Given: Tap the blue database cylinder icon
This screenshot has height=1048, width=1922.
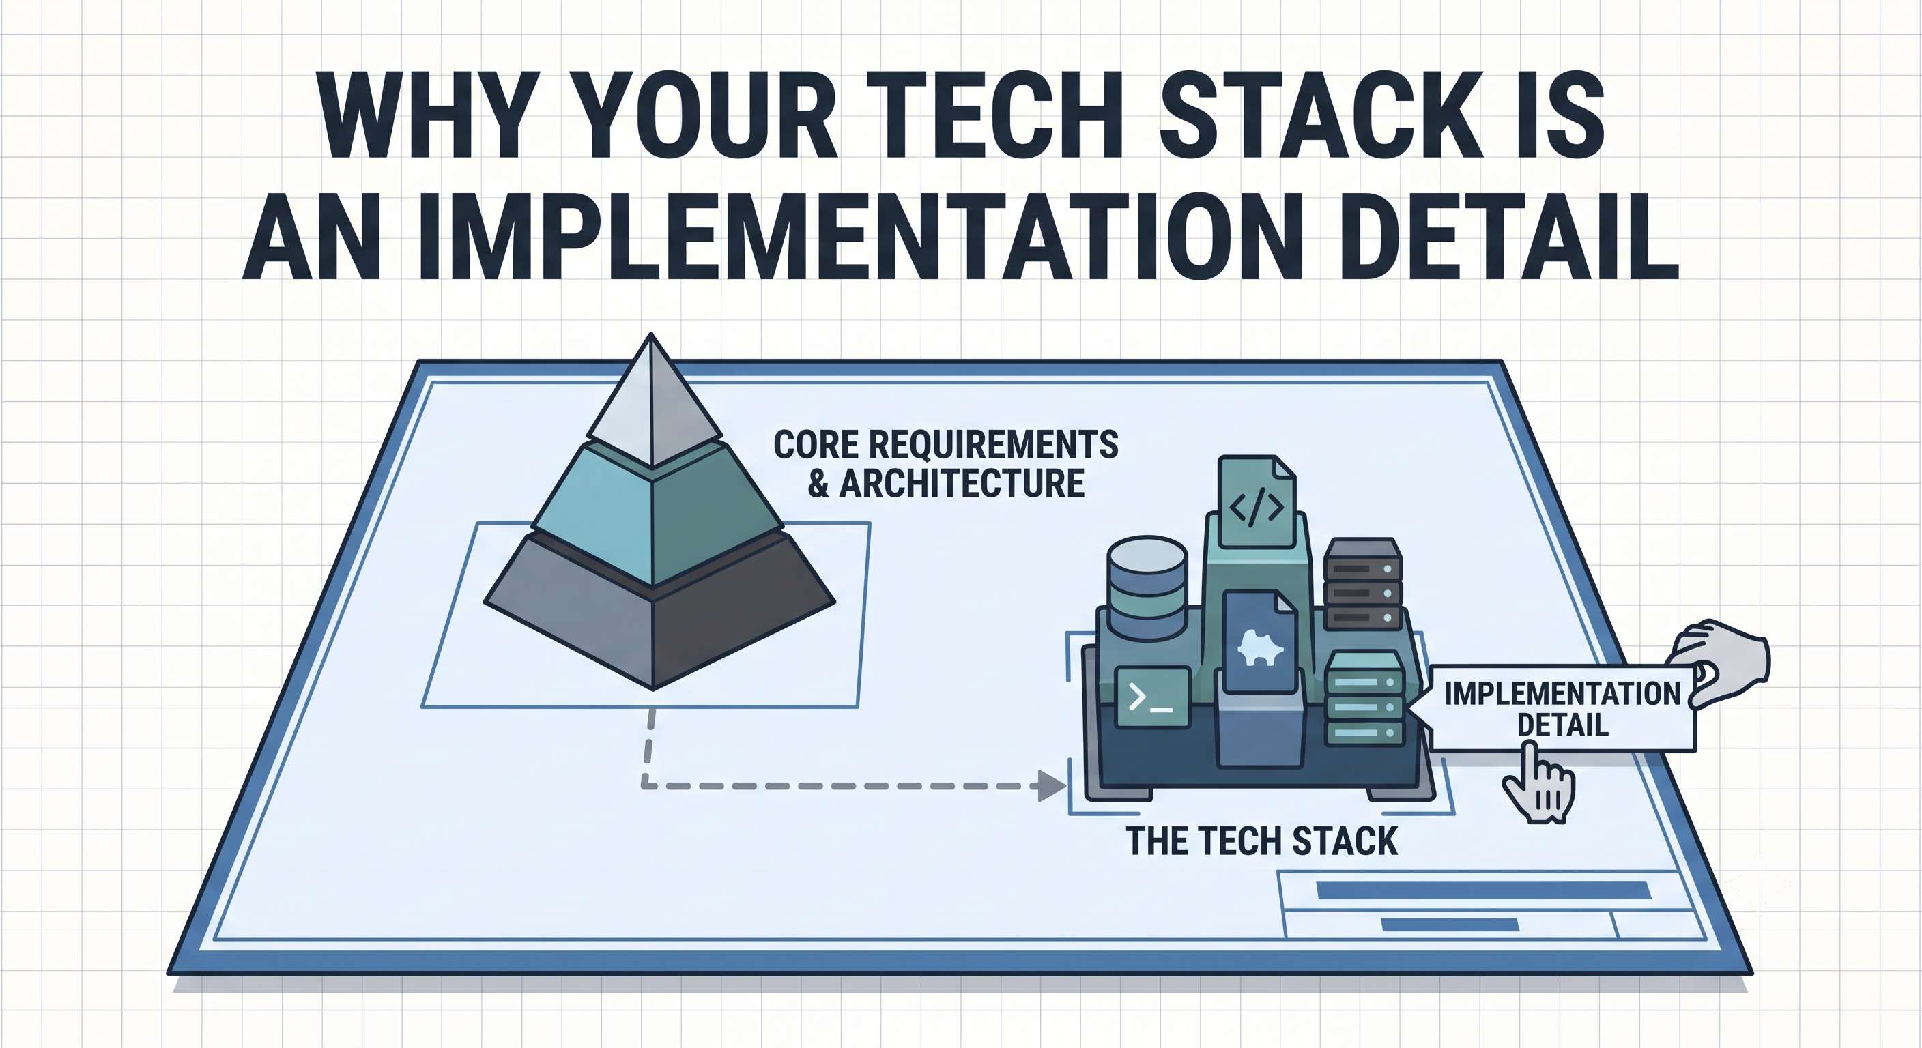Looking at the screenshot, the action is point(1147,587).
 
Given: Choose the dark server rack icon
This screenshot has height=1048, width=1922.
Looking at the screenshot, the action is point(1362,584).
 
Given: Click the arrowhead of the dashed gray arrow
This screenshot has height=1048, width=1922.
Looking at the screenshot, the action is point(1052,785).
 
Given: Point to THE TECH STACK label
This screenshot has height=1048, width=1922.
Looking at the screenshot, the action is point(1262,841).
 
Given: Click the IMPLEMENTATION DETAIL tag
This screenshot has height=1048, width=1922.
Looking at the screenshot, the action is point(1561,709).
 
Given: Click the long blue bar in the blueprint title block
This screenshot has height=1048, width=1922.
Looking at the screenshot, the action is point(1482,890).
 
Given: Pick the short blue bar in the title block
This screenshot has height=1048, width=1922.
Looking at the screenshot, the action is point(1450,925).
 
